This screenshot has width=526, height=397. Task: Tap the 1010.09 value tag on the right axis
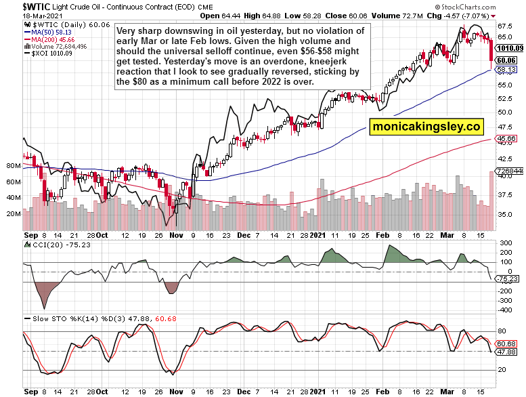coord(510,48)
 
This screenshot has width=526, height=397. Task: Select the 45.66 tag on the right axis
coord(507,138)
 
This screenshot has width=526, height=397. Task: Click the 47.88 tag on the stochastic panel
coord(507,352)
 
